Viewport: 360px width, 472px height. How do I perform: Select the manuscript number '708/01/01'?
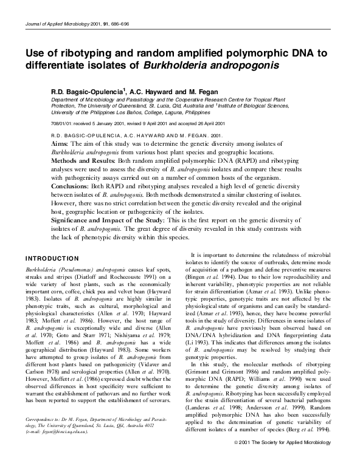pos(63,121)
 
